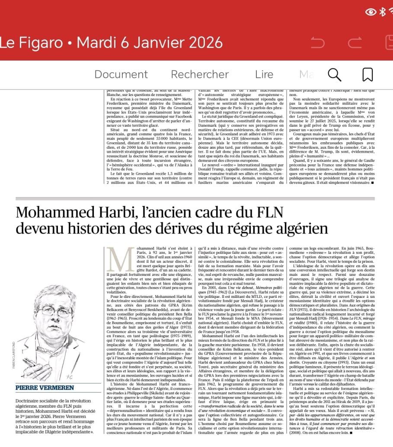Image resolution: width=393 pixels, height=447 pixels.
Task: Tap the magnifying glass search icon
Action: [x=334, y=74]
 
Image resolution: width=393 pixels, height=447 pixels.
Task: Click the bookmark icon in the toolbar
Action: [x=367, y=74]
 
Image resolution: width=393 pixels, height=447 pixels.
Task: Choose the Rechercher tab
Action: [x=199, y=74]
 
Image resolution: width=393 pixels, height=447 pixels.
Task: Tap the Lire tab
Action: [x=264, y=74]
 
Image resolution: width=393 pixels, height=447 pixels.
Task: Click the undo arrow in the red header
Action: [x=317, y=43]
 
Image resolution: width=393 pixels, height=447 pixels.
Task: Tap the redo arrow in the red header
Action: [x=355, y=43]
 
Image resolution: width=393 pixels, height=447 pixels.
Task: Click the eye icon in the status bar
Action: [x=371, y=12]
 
